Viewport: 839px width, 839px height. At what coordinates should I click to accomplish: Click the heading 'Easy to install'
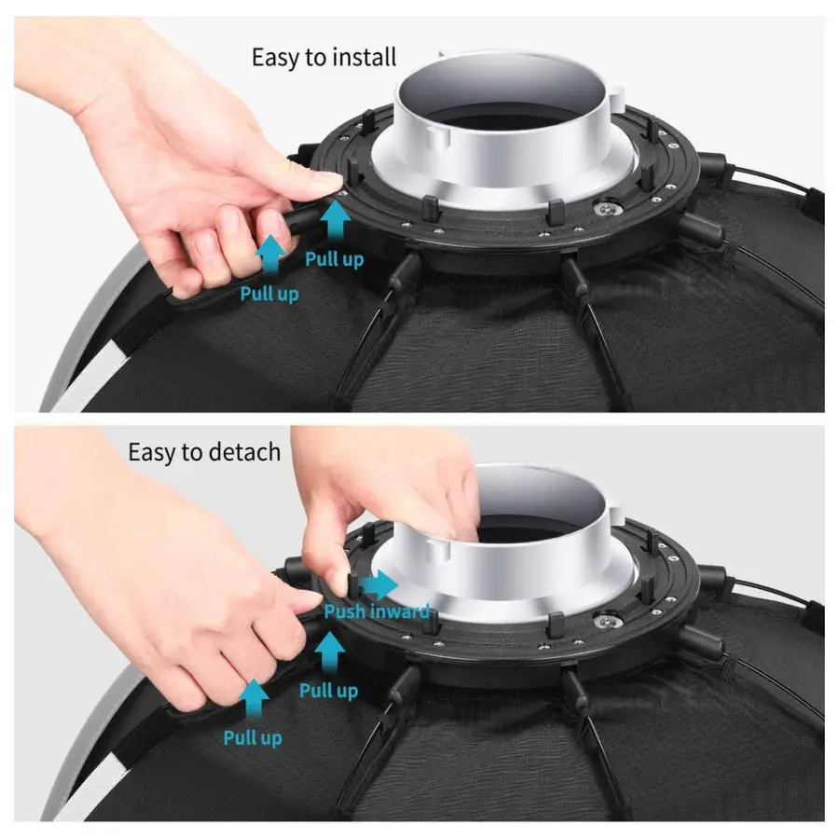point(323,58)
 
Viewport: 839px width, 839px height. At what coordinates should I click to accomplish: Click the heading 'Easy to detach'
point(204,453)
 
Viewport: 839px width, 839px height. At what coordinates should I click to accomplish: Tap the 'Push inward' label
point(377,611)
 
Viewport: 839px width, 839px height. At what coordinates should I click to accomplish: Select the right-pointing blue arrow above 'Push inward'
point(378,585)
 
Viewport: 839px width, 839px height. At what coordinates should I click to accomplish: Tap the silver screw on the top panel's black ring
point(605,209)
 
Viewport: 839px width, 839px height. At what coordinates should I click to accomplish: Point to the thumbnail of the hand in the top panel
point(324,181)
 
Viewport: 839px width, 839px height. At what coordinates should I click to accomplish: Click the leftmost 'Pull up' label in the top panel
point(269,294)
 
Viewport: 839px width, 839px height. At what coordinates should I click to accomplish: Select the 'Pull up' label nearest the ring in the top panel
point(335,259)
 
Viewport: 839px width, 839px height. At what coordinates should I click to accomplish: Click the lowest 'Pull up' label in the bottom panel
point(253,738)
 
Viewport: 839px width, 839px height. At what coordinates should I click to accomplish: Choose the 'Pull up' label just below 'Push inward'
point(328,690)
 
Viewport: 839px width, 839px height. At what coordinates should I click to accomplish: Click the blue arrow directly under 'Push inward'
point(330,653)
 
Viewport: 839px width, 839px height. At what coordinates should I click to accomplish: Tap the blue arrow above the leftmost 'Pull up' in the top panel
point(271,255)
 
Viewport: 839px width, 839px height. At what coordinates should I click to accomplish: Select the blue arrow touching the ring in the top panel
point(336,220)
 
